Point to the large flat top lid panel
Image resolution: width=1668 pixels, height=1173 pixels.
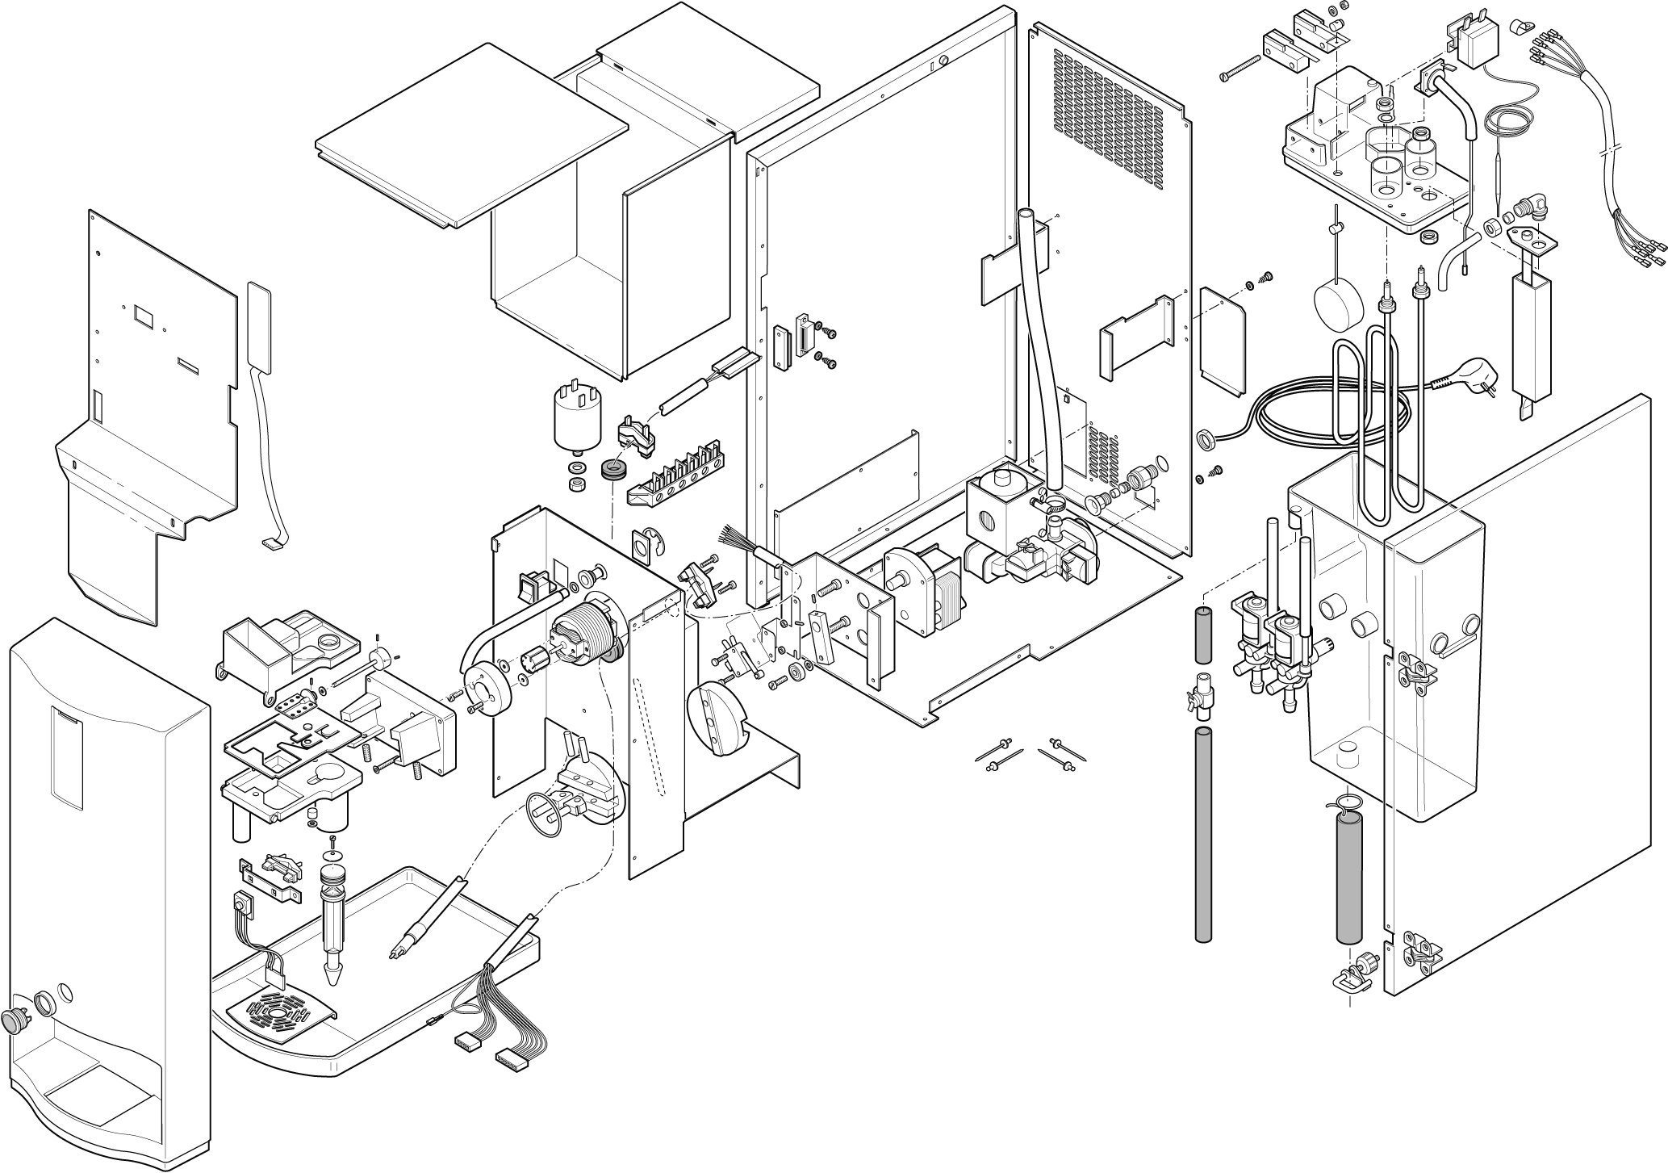[471, 135]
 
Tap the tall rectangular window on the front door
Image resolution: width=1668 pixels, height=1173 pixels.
[67, 757]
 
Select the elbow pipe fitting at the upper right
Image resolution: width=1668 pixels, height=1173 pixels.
[1520, 214]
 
